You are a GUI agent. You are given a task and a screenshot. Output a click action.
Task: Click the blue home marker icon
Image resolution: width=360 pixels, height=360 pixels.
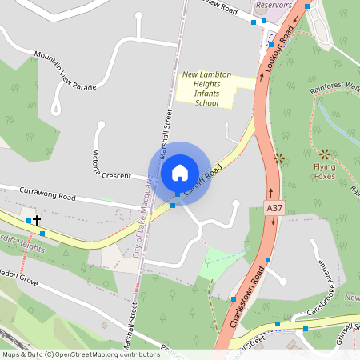coord(179,172)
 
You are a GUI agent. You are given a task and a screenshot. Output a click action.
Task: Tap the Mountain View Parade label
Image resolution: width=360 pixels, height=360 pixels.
coord(65,69)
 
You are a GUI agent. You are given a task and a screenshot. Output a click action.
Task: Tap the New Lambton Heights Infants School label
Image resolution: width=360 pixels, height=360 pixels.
coord(206,88)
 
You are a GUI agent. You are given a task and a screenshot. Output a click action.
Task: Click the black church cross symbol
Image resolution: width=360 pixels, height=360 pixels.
coord(37,218)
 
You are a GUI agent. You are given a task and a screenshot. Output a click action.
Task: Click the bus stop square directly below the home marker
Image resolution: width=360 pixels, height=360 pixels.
coord(173,206)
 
